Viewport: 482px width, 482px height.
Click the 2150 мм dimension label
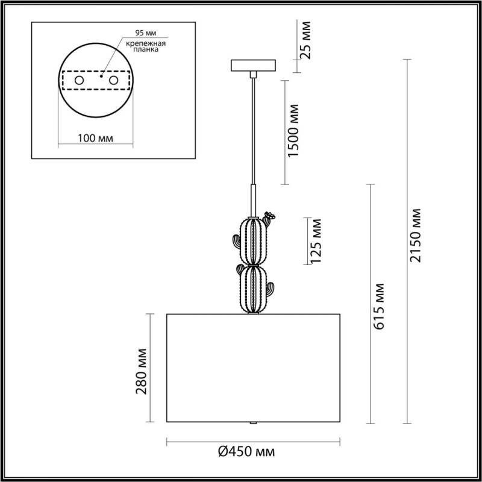tap(415, 236)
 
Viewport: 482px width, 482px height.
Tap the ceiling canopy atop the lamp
tap(253, 65)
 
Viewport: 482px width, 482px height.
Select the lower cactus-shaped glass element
tap(253, 289)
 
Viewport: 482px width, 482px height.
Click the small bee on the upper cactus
tap(270, 214)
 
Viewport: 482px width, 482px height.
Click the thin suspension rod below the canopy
tap(253, 133)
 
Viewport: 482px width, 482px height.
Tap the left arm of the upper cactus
tap(236, 243)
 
